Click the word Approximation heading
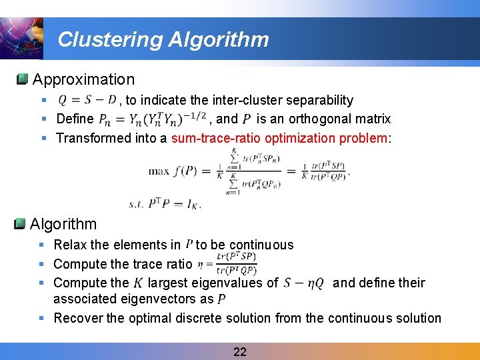point(83,79)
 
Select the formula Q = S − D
point(87,100)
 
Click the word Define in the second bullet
point(75,119)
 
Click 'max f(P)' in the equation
point(177,171)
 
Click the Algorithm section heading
point(63,224)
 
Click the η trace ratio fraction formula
point(227,263)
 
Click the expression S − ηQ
point(303,283)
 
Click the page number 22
point(240,351)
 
